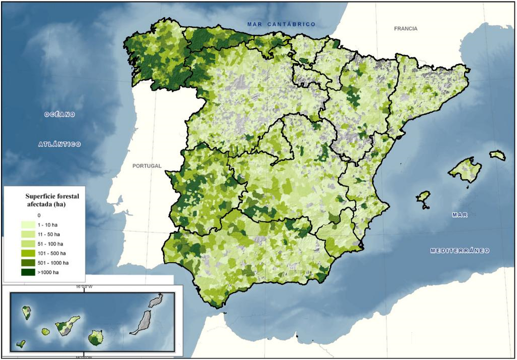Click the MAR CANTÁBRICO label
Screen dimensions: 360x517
click(281, 24)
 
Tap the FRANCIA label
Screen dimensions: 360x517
click(405, 29)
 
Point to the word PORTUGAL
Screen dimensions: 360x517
click(147, 166)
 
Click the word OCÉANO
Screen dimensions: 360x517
click(59, 115)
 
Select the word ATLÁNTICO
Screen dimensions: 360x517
click(60, 144)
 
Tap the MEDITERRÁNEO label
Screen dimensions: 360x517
click(459, 250)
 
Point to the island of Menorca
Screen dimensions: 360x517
click(498, 156)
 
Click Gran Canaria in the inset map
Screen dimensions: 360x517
click(96, 338)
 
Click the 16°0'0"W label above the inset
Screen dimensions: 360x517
click(84, 287)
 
